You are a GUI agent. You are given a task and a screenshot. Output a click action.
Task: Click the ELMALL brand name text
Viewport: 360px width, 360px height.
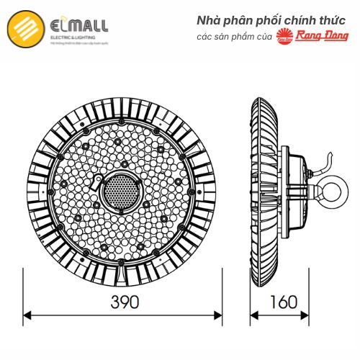coord(79,27)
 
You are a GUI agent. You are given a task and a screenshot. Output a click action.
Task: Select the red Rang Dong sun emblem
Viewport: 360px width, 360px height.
coord(286,40)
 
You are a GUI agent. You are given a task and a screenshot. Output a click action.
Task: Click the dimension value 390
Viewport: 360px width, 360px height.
coord(123,302)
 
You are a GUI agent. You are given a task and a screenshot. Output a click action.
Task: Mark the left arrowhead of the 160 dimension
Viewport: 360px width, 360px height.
coord(254,315)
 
